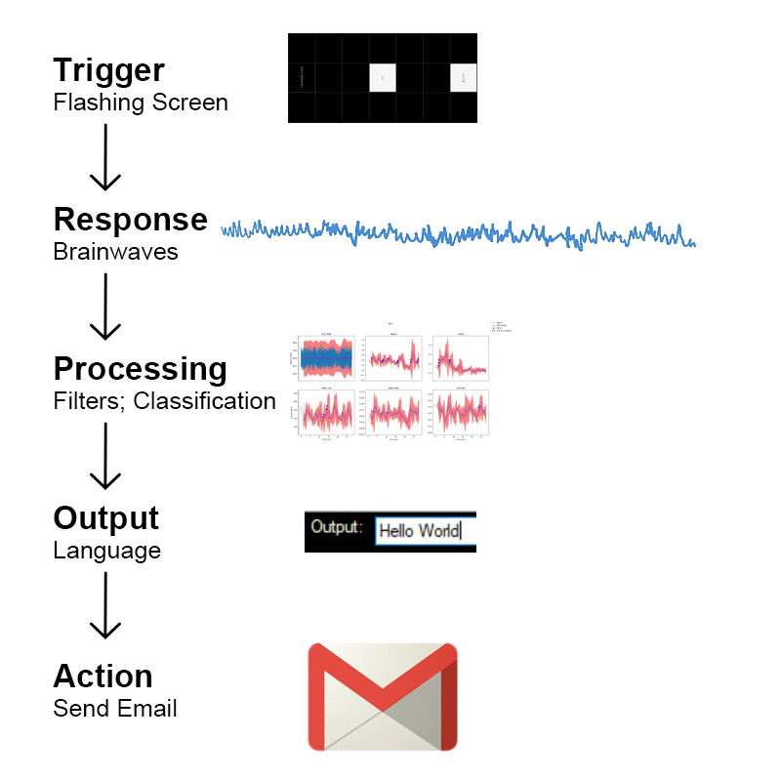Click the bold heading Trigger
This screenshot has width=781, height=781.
coord(108,70)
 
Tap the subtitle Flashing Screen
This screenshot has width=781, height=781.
coord(140,102)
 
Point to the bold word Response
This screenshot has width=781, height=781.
coord(130,220)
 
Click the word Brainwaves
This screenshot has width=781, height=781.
coord(115,251)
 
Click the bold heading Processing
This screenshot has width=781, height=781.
coord(140,369)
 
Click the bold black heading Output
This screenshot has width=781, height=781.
coord(105,517)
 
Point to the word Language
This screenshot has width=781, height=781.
coord(106,550)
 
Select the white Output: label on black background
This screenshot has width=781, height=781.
coord(336,527)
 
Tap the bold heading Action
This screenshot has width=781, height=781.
coord(103,677)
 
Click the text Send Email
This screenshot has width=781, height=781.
coord(115,708)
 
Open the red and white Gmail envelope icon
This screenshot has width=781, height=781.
coord(383,696)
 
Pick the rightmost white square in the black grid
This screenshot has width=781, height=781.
coord(464,78)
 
